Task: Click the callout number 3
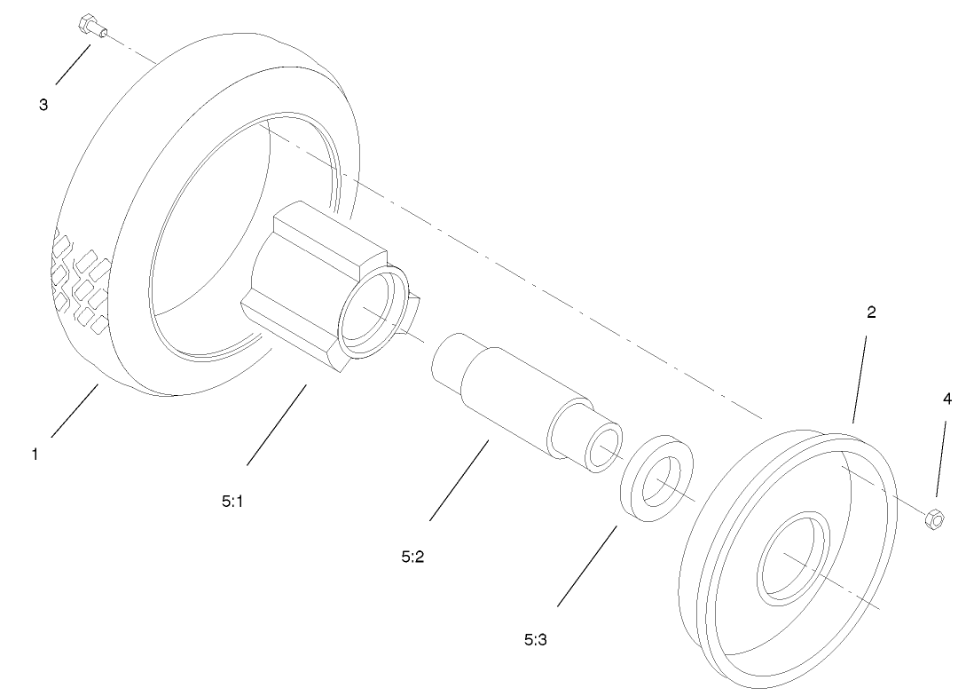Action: [x=43, y=105]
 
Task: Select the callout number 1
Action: [x=35, y=455]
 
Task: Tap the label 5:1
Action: [x=232, y=502]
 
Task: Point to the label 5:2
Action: [x=412, y=557]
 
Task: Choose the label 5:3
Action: [x=536, y=640]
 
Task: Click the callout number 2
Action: [x=871, y=312]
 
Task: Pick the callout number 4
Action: [x=946, y=399]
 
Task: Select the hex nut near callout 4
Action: [x=934, y=519]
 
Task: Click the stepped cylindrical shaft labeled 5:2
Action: [x=527, y=403]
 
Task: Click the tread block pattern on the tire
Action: [x=80, y=281]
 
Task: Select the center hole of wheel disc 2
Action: [x=791, y=557]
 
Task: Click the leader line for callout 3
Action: [x=74, y=64]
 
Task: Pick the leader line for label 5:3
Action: [x=587, y=565]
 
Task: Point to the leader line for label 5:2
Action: [x=459, y=479]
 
